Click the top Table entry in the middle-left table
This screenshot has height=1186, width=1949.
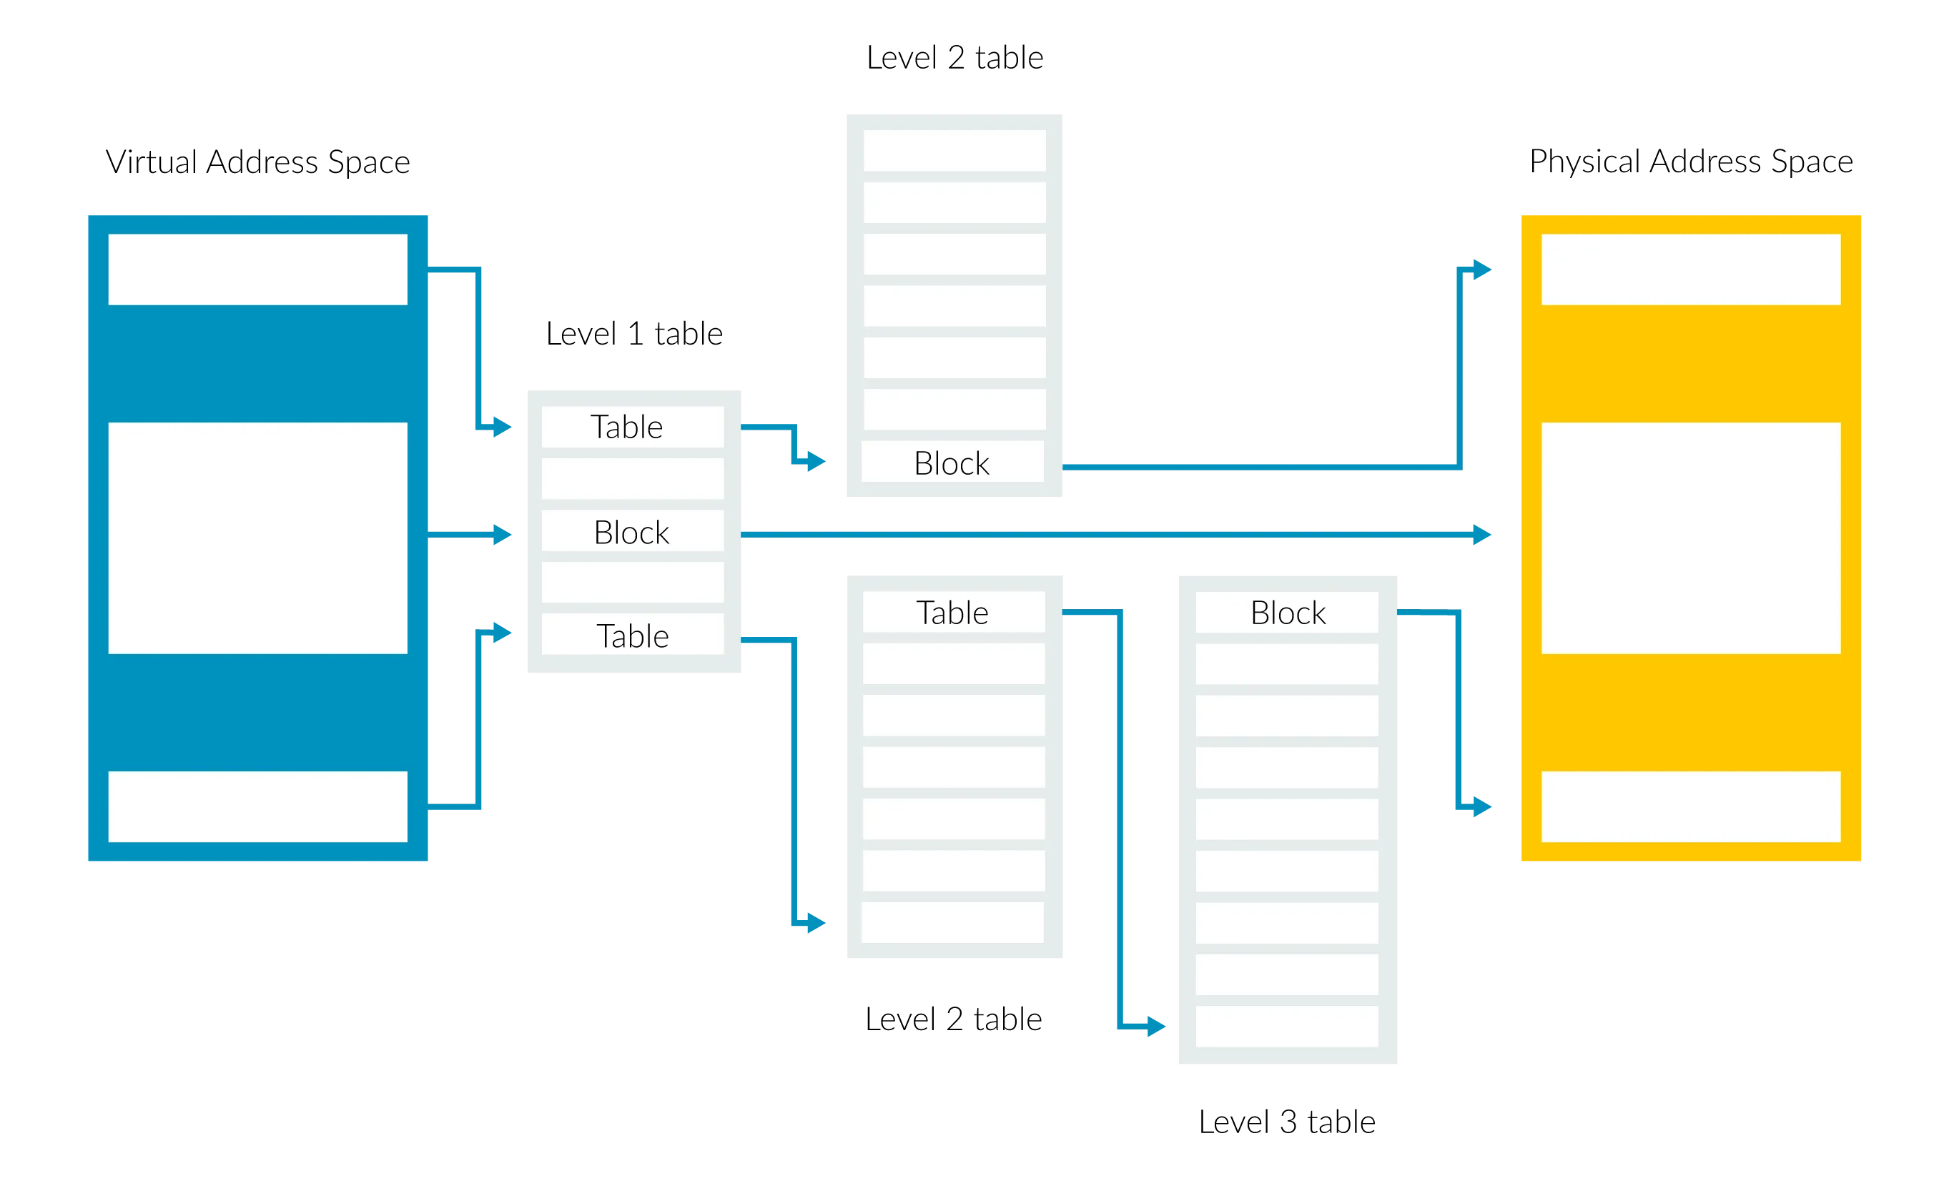[632, 427]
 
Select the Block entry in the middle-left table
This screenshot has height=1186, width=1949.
[632, 532]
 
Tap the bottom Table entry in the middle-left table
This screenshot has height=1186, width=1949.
[632, 636]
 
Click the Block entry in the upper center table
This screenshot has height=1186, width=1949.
[952, 463]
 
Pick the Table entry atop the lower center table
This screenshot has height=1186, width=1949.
[953, 613]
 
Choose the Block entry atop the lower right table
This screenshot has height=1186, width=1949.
[1287, 613]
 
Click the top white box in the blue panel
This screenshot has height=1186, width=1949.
[258, 270]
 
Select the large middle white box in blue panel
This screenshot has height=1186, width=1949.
[258, 538]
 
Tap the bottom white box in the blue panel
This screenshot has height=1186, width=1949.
[258, 806]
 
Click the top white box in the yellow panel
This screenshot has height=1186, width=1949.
[1691, 270]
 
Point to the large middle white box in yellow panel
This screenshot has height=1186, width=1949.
[1691, 538]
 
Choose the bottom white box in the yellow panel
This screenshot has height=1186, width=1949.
[1691, 806]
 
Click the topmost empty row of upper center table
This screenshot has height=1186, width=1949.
[954, 150]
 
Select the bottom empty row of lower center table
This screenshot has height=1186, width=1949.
[953, 922]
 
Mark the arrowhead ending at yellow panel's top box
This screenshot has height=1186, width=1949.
[1479, 270]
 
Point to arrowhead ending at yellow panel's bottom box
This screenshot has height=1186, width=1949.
[1479, 807]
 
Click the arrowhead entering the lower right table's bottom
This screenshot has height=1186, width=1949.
[1153, 1027]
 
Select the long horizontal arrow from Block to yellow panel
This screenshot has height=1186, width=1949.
[1107, 535]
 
